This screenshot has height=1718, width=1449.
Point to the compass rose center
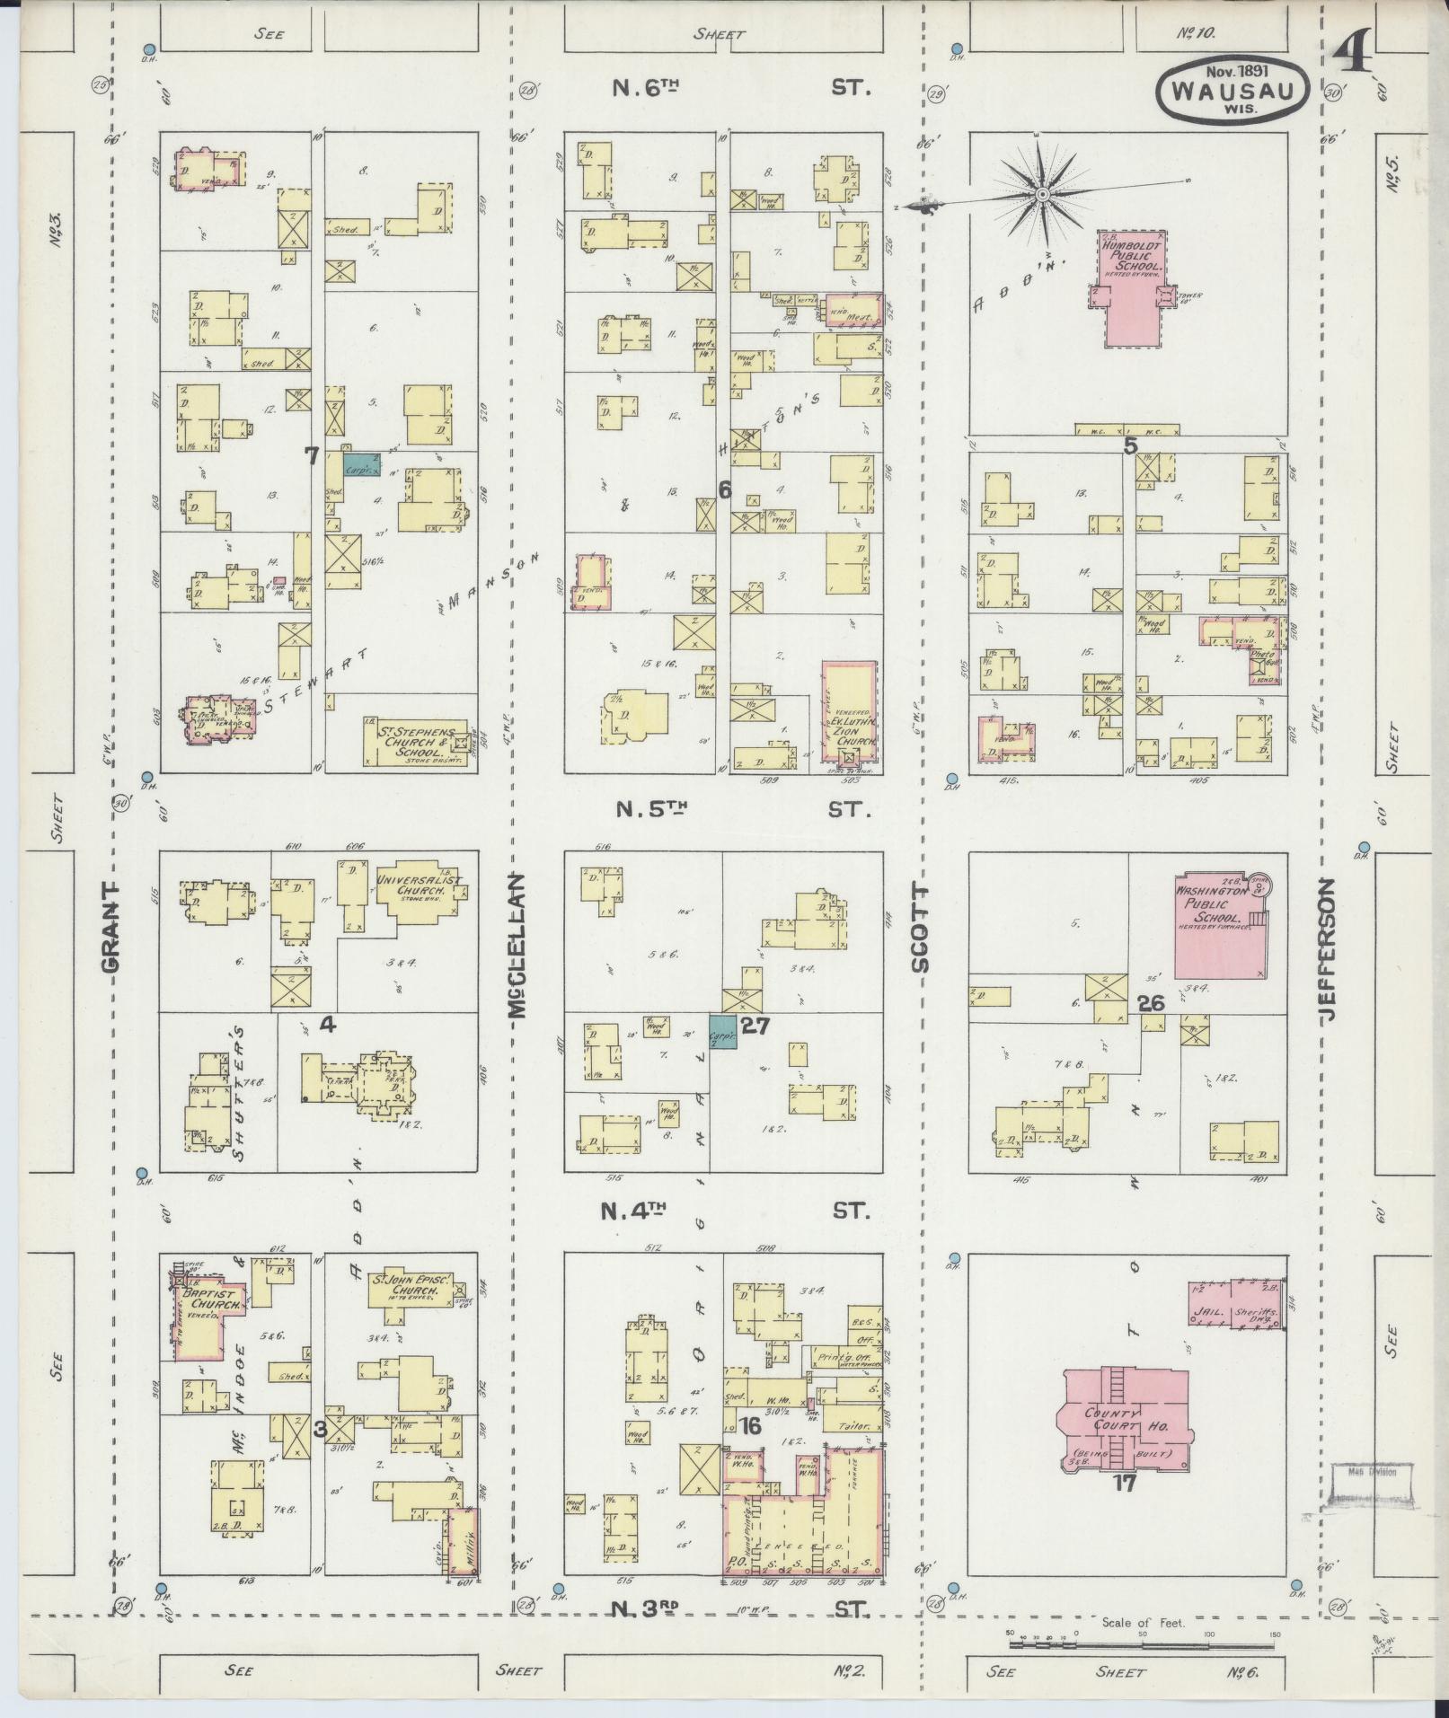pos(1042,194)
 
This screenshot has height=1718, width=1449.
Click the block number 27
pos(755,1025)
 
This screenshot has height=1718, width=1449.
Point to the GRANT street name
pos(110,926)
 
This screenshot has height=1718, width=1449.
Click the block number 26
pos(1151,1003)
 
